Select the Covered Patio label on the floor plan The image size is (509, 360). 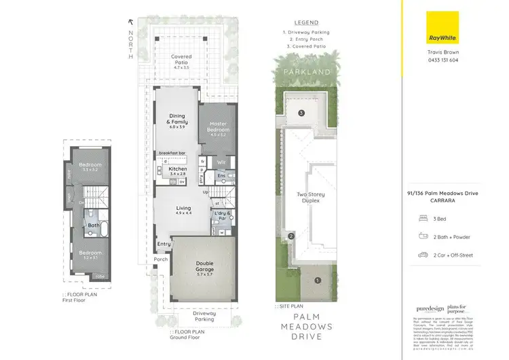point(181,61)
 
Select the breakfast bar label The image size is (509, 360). point(172,154)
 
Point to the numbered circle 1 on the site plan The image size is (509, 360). point(317,280)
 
